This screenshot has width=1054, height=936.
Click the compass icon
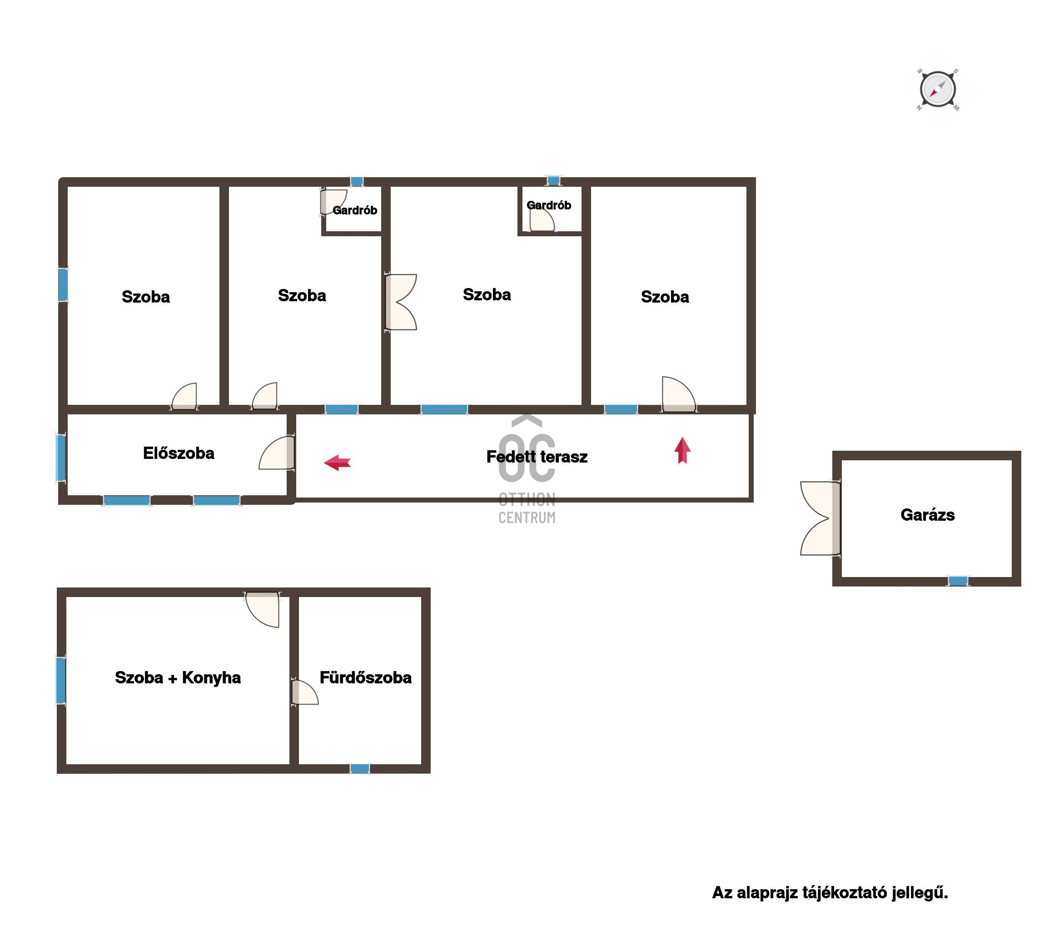(937, 89)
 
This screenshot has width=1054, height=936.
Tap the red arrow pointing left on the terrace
(337, 462)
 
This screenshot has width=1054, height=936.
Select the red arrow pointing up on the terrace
(682, 450)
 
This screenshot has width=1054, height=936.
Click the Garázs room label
(927, 515)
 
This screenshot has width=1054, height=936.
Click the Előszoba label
(179, 453)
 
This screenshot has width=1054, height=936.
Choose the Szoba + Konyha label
(178, 677)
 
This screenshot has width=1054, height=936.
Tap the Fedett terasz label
(537, 456)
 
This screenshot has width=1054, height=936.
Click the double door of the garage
(820, 518)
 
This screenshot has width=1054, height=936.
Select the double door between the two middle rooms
(401, 302)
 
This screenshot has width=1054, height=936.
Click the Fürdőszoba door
(304, 692)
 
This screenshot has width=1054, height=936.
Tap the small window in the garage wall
(958, 581)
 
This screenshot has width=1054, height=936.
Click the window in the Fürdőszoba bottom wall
(359, 768)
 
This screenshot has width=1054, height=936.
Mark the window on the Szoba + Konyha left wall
(61, 680)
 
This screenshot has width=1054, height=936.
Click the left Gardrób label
(355, 210)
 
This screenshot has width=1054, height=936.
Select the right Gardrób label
(549, 205)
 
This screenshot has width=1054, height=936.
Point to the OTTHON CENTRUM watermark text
(527, 508)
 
